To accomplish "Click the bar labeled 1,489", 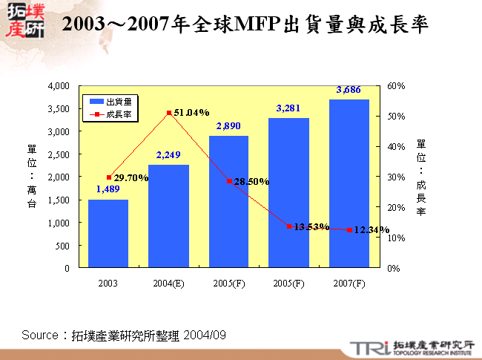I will click(108, 234).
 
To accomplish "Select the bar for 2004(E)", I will click(168, 216).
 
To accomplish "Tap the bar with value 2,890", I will click(228, 202).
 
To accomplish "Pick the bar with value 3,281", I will click(288, 193).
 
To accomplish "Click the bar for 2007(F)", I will click(349, 183).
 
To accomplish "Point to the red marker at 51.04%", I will click(169, 113).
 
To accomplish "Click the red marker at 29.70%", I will click(109, 177).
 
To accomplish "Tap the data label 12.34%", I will click(372, 231).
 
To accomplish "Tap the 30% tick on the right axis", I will click(395, 177).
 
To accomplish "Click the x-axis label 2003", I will click(108, 284).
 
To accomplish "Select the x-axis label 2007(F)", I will click(349, 284).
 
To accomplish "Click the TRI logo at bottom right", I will click(366, 347).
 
